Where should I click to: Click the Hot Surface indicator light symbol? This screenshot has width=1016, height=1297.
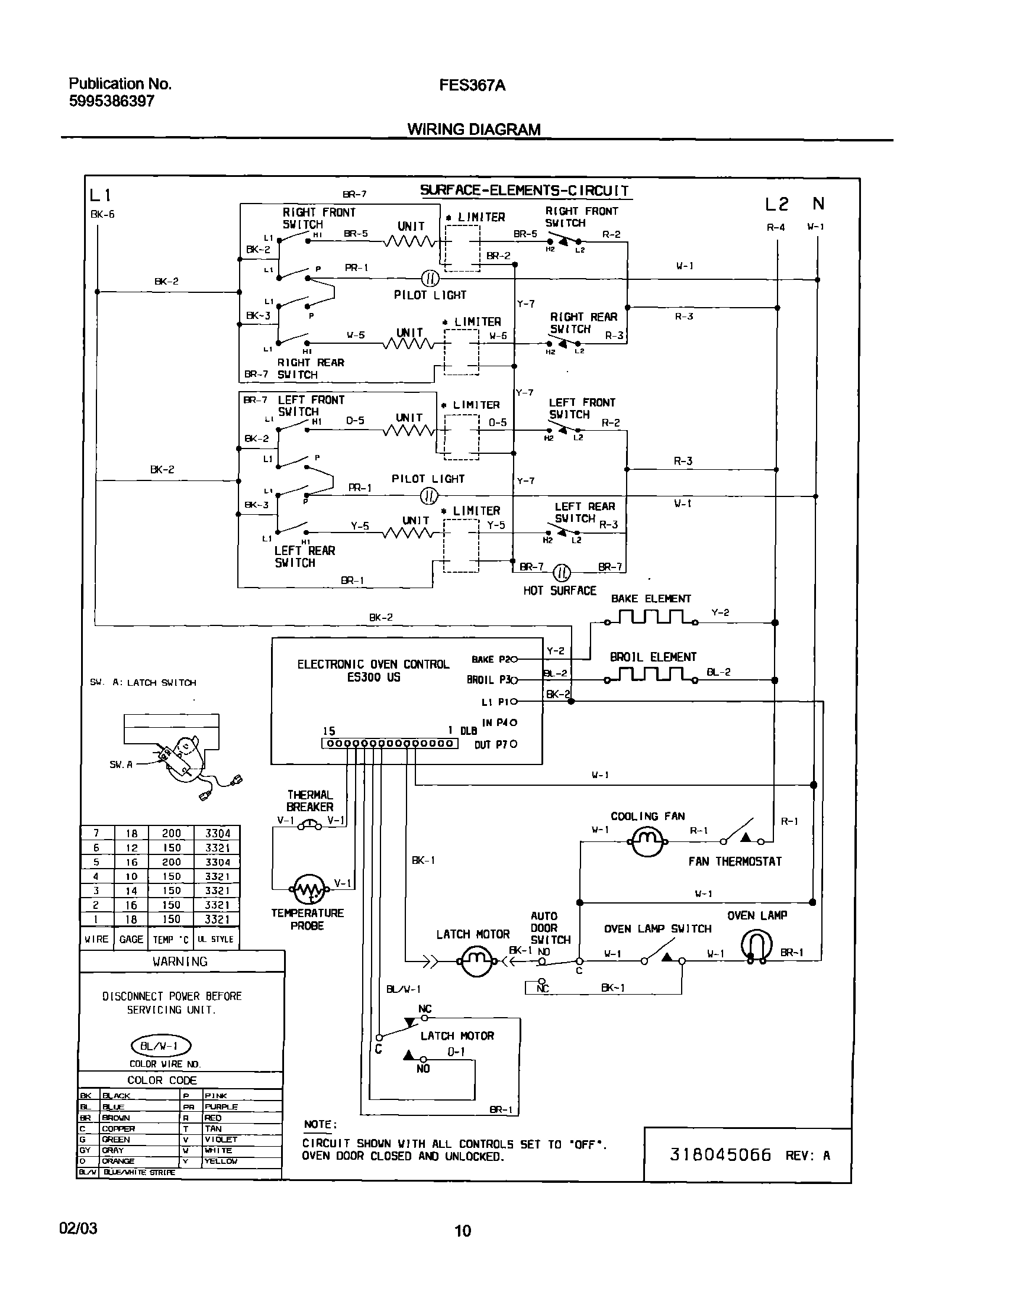[562, 573]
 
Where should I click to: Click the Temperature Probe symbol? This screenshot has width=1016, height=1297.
[309, 890]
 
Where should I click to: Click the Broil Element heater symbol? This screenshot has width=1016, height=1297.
[651, 676]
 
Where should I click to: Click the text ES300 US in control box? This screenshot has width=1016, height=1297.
[373, 677]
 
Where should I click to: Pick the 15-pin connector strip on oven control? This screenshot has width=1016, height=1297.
[389, 743]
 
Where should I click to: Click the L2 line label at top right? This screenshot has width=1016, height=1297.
[776, 205]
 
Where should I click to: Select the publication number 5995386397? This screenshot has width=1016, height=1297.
[112, 101]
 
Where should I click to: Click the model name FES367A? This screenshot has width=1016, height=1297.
[472, 86]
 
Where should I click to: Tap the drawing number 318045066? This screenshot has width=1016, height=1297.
[720, 1155]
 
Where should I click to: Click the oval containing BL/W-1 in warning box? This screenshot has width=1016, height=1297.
[160, 1046]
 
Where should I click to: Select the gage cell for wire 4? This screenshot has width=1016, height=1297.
[131, 876]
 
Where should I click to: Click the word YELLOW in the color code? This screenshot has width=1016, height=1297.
[221, 1161]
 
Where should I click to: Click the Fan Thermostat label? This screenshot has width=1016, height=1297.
[735, 862]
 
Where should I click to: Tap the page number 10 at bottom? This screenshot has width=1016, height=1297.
[463, 1230]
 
